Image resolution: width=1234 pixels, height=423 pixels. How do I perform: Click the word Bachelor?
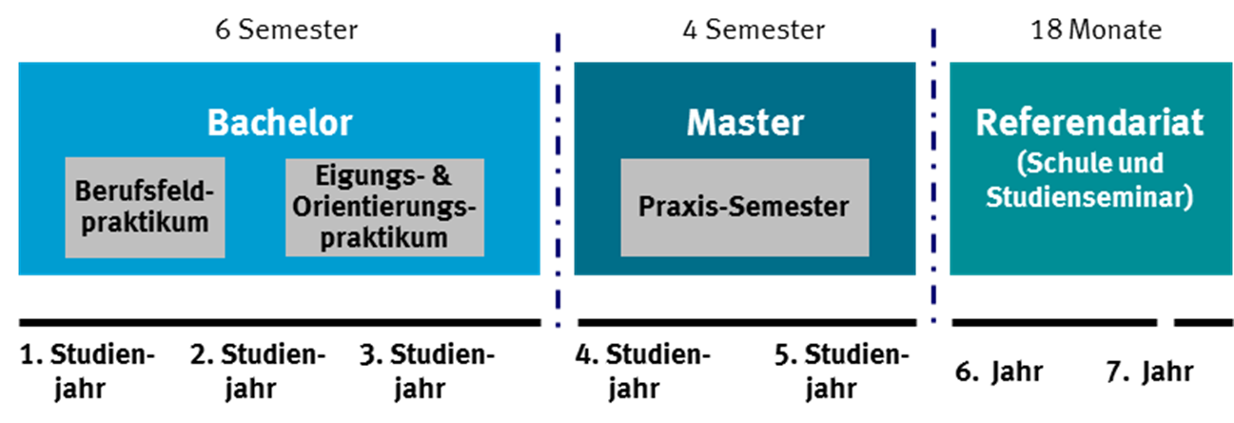(x=280, y=123)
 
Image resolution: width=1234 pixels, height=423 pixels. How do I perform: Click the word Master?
(x=745, y=123)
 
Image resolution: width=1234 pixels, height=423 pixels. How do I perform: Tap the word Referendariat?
(x=1089, y=123)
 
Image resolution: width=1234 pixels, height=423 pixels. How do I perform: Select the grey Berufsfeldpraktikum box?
(x=145, y=208)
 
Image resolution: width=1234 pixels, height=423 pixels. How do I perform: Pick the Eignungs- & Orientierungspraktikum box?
(x=384, y=208)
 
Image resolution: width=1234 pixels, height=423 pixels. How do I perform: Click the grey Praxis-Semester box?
(x=744, y=207)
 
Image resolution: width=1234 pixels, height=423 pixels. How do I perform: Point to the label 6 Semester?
(x=286, y=30)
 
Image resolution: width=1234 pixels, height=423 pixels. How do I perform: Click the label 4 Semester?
(x=754, y=30)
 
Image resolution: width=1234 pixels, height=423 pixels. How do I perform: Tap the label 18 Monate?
(x=1096, y=30)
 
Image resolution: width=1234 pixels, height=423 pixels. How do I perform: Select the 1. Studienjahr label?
(x=87, y=371)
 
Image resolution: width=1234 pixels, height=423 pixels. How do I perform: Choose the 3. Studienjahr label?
(x=428, y=371)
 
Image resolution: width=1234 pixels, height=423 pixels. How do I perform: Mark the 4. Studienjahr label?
(x=643, y=371)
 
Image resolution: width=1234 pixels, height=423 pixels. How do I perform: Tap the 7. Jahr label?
(x=1149, y=371)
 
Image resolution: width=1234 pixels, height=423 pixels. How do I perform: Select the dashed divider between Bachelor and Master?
(x=558, y=181)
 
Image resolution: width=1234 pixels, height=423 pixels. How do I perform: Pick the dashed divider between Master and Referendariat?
(x=933, y=181)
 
